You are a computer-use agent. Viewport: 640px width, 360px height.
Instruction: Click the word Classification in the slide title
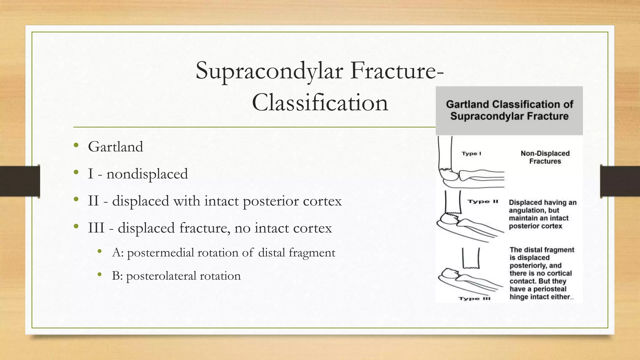coord(320,103)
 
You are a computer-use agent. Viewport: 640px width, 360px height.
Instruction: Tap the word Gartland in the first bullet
coord(115,147)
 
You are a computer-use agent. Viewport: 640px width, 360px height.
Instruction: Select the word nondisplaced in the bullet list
coord(147,174)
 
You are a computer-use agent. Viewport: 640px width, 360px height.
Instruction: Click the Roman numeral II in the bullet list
coord(93,201)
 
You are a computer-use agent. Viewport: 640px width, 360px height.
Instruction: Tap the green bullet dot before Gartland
coord(76,145)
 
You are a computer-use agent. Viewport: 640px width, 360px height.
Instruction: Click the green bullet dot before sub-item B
coord(100,275)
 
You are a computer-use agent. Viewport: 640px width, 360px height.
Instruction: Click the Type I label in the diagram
coord(471,153)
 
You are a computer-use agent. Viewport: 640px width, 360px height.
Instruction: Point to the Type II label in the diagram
coord(483,202)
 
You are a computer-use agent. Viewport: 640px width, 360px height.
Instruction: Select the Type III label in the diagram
coord(474,298)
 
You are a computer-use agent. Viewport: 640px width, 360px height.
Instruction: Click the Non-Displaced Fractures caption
coord(545,157)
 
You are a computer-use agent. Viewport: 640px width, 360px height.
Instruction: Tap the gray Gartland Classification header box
coord(509,110)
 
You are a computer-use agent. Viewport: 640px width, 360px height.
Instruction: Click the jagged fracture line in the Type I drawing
coord(446,170)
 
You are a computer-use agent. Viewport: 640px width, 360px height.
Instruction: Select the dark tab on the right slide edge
coord(620,181)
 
